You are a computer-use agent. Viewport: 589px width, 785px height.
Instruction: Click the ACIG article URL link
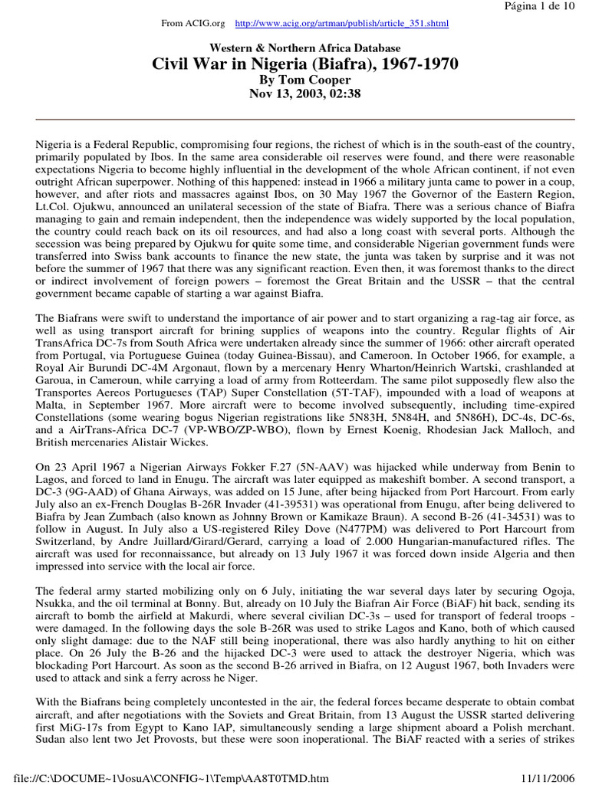coord(341,24)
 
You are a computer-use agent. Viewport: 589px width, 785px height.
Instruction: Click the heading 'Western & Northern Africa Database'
coord(294,48)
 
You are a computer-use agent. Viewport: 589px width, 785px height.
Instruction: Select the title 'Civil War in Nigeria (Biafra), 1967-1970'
coord(294,64)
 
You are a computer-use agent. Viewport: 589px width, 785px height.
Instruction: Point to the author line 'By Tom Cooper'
coord(294,79)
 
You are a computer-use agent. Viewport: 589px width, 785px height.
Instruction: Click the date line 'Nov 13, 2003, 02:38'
coord(294,94)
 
